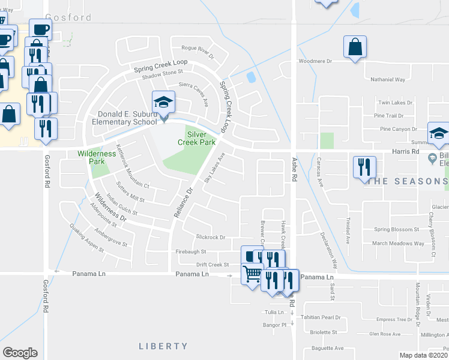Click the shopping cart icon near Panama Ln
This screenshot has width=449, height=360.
click(x=253, y=274)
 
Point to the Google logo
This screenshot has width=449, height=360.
click(x=20, y=352)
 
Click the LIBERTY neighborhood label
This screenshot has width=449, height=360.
click(x=163, y=346)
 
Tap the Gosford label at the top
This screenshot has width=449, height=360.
click(x=68, y=17)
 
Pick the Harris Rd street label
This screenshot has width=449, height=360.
click(x=406, y=152)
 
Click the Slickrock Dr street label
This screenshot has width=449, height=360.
click(x=210, y=238)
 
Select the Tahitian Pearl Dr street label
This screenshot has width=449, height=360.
click(x=321, y=317)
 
